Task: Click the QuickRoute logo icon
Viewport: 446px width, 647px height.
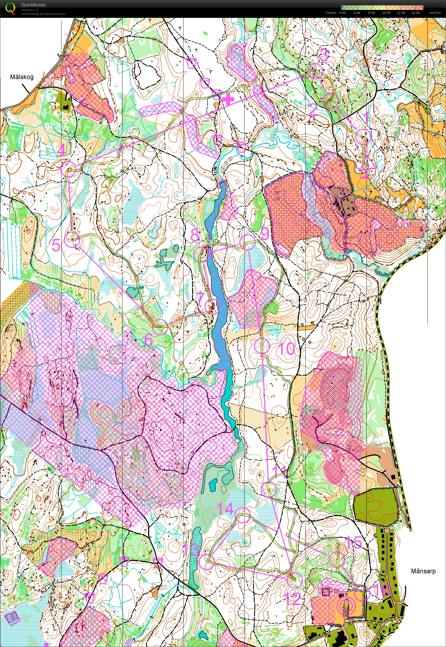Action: [x=10, y=8]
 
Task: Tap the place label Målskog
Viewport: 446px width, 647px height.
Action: [x=21, y=77]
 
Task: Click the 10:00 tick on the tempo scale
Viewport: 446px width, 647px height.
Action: [x=386, y=13]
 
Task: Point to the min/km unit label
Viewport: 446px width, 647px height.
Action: [x=435, y=13]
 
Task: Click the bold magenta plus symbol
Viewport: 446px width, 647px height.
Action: [x=228, y=99]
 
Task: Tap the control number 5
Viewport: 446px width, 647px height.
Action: [x=56, y=245]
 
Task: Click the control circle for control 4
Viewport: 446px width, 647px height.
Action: [x=68, y=169]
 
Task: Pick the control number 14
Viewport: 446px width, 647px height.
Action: [x=225, y=508]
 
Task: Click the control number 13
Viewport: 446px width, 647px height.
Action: [x=191, y=549]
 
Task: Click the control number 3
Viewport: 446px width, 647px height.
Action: [x=324, y=55]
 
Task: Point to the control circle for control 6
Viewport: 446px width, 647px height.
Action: [x=160, y=327]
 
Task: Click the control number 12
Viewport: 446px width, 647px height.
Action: [x=292, y=599]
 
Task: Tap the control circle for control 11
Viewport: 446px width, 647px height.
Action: [x=269, y=489]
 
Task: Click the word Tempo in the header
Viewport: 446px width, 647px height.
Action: [x=331, y=13]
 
